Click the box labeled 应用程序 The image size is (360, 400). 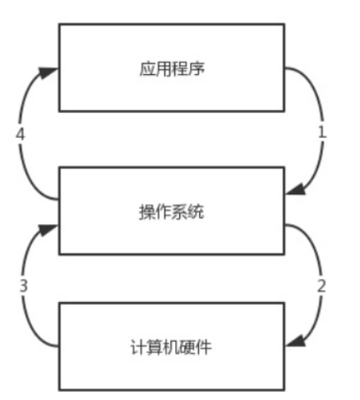[171, 68]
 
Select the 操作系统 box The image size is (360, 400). [171, 211]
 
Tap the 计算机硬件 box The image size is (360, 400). [171, 347]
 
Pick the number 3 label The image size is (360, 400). [24, 284]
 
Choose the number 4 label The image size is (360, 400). [21, 133]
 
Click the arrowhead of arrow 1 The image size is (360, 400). [292, 190]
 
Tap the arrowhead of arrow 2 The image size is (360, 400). [292, 341]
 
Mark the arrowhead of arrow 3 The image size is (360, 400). [51, 229]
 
